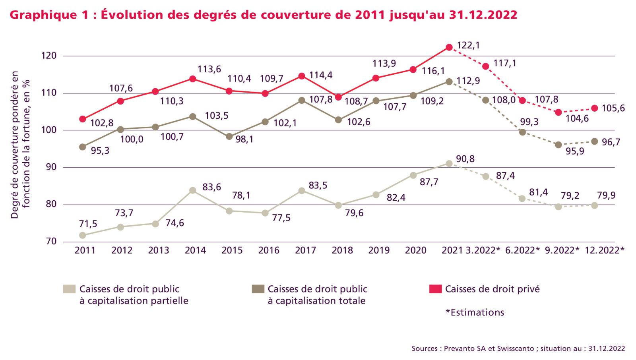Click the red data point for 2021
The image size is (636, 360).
tap(449, 47)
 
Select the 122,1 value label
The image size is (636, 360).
tap(468, 45)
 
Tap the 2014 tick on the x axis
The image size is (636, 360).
tap(195, 250)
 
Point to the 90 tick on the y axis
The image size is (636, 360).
tap(51, 167)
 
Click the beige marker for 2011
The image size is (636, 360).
tap(83, 235)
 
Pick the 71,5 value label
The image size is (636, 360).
tap(88, 224)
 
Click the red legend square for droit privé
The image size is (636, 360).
tap(436, 289)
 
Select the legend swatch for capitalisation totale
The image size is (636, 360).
tap(258, 289)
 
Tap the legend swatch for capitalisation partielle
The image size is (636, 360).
tap(69, 289)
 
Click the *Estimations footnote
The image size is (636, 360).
tap(475, 312)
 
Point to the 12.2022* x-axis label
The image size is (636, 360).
tap(604, 250)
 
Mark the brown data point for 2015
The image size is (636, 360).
tap(229, 136)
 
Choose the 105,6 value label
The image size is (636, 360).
tap(613, 108)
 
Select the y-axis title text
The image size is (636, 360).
tap(20, 145)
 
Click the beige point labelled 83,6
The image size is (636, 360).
tap(192, 190)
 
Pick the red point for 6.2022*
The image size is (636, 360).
tap(522, 101)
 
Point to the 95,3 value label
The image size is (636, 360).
tap(100, 151)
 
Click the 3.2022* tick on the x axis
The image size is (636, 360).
tap(483, 250)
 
